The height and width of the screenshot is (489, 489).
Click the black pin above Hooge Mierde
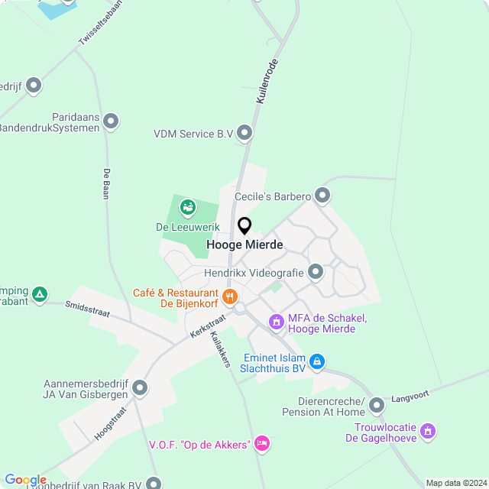click(x=244, y=225)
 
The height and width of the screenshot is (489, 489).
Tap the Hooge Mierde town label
click(x=244, y=245)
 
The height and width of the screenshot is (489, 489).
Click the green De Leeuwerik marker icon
click(x=188, y=206)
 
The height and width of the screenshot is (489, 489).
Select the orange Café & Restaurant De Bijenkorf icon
click(x=228, y=295)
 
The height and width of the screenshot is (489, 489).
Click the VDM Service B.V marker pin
click(x=244, y=134)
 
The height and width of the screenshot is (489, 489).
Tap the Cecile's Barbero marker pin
click(x=322, y=196)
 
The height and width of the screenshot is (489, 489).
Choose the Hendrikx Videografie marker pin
click(x=315, y=272)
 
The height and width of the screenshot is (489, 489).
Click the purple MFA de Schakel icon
click(x=277, y=323)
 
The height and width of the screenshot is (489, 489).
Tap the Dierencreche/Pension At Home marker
click(x=376, y=405)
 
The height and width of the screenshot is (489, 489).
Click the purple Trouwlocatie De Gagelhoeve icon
click(x=429, y=432)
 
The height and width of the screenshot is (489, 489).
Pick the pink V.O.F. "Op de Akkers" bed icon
click(x=262, y=443)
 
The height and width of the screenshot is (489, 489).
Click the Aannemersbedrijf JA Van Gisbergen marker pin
click(x=140, y=388)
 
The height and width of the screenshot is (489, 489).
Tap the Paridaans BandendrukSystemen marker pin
click(x=111, y=121)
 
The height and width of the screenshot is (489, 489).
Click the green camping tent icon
click(x=40, y=293)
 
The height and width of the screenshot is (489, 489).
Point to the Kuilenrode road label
click(x=267, y=82)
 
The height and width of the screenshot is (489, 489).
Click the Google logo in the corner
click(x=25, y=480)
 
